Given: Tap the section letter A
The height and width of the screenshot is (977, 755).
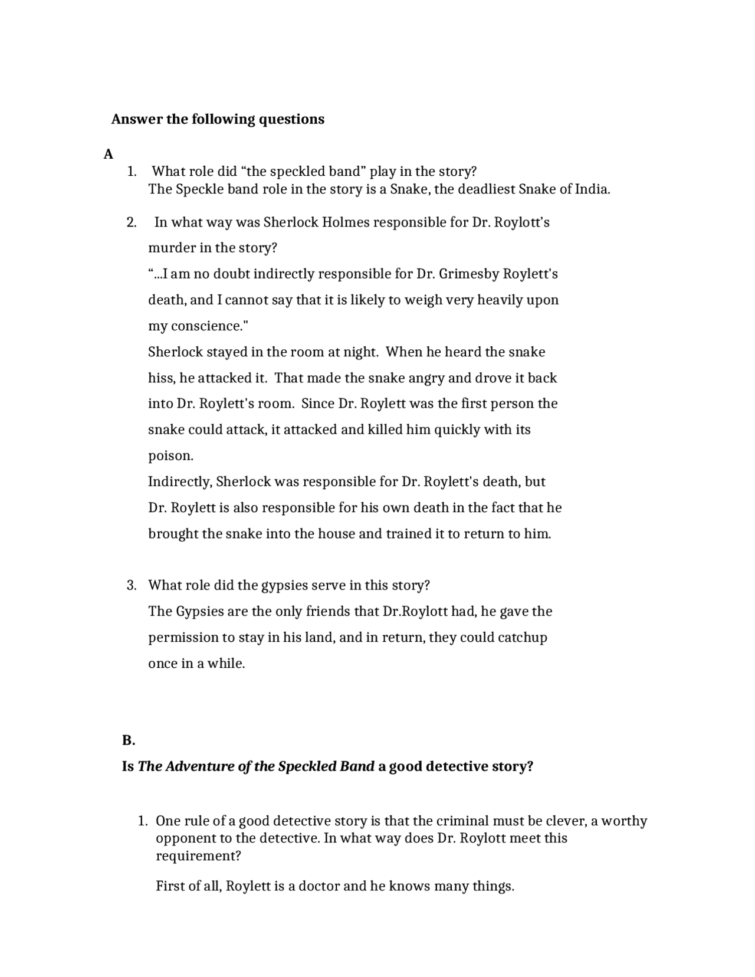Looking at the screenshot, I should point(108,154).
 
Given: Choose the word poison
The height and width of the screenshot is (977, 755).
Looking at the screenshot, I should point(170,455).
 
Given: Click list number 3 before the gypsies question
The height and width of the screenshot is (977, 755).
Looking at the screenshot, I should point(132,585).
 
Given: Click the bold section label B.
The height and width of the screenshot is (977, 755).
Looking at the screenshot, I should point(129,740).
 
